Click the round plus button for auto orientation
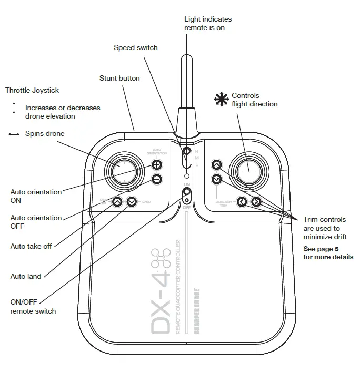157,164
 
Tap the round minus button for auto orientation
157,179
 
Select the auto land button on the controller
132,201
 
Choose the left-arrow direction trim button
241,201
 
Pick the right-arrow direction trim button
256,201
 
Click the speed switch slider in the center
186,157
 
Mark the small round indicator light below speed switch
186,175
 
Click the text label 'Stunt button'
119,79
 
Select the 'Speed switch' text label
136,48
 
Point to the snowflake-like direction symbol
221,99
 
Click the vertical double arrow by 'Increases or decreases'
14,108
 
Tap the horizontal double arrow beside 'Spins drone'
14,134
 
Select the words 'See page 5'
322,249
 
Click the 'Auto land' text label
26,276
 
